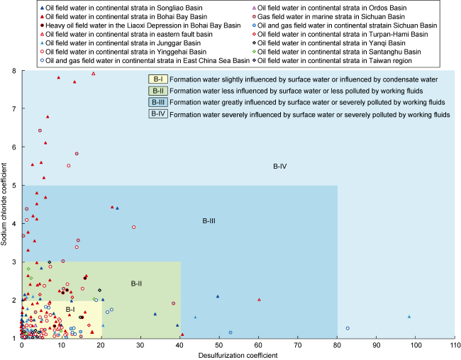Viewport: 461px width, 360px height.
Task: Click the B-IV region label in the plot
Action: (x=279, y=167)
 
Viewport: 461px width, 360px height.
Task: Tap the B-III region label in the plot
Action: (x=209, y=221)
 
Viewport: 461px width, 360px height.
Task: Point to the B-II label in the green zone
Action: (x=137, y=283)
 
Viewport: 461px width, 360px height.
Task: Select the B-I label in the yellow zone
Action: (x=70, y=309)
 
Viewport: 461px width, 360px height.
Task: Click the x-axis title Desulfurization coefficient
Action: (x=238, y=354)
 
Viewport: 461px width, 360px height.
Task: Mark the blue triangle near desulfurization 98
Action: (x=409, y=317)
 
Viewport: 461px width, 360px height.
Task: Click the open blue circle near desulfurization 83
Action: (x=348, y=328)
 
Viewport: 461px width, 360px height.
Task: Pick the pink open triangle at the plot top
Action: (x=94, y=73)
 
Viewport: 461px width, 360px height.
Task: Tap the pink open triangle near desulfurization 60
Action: (x=259, y=300)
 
